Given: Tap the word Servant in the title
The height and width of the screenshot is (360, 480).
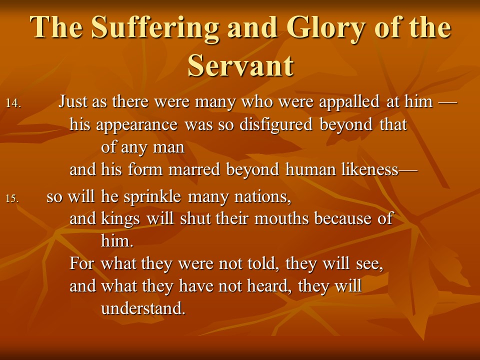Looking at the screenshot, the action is point(240,65).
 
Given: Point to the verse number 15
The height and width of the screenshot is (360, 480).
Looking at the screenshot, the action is point(12,198).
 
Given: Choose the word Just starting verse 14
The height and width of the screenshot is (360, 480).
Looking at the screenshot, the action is point(72,101).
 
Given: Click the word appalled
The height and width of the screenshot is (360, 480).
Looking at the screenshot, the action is point(349,102).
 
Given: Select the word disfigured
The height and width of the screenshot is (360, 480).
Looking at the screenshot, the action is point(276,125).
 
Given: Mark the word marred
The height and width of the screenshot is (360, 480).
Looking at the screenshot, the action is point(194,169).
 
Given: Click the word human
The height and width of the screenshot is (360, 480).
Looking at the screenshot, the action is point(310,169).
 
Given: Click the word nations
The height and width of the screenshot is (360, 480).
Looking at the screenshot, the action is point(262,197).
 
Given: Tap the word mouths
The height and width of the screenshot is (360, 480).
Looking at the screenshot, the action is point(281,219).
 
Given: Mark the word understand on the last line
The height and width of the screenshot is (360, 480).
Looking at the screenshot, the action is point(143,308).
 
